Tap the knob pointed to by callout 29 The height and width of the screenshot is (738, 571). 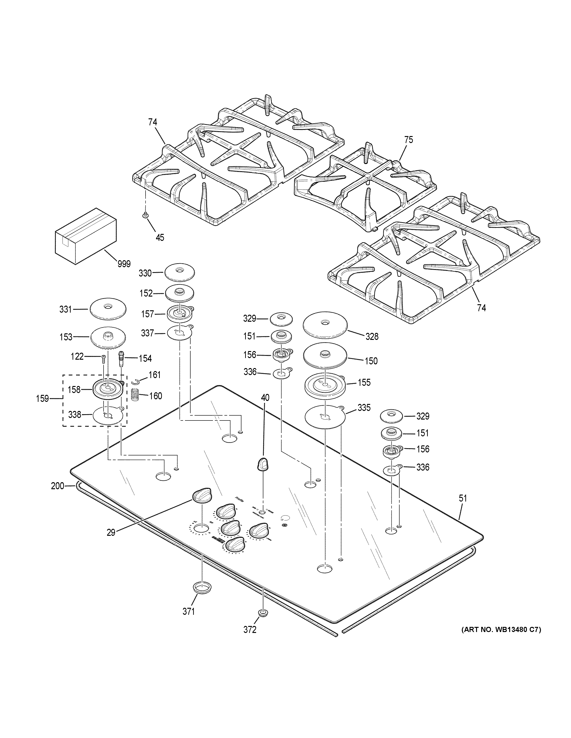[202, 495]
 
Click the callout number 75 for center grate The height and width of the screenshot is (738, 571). [409, 140]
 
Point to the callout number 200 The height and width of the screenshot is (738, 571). [58, 486]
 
